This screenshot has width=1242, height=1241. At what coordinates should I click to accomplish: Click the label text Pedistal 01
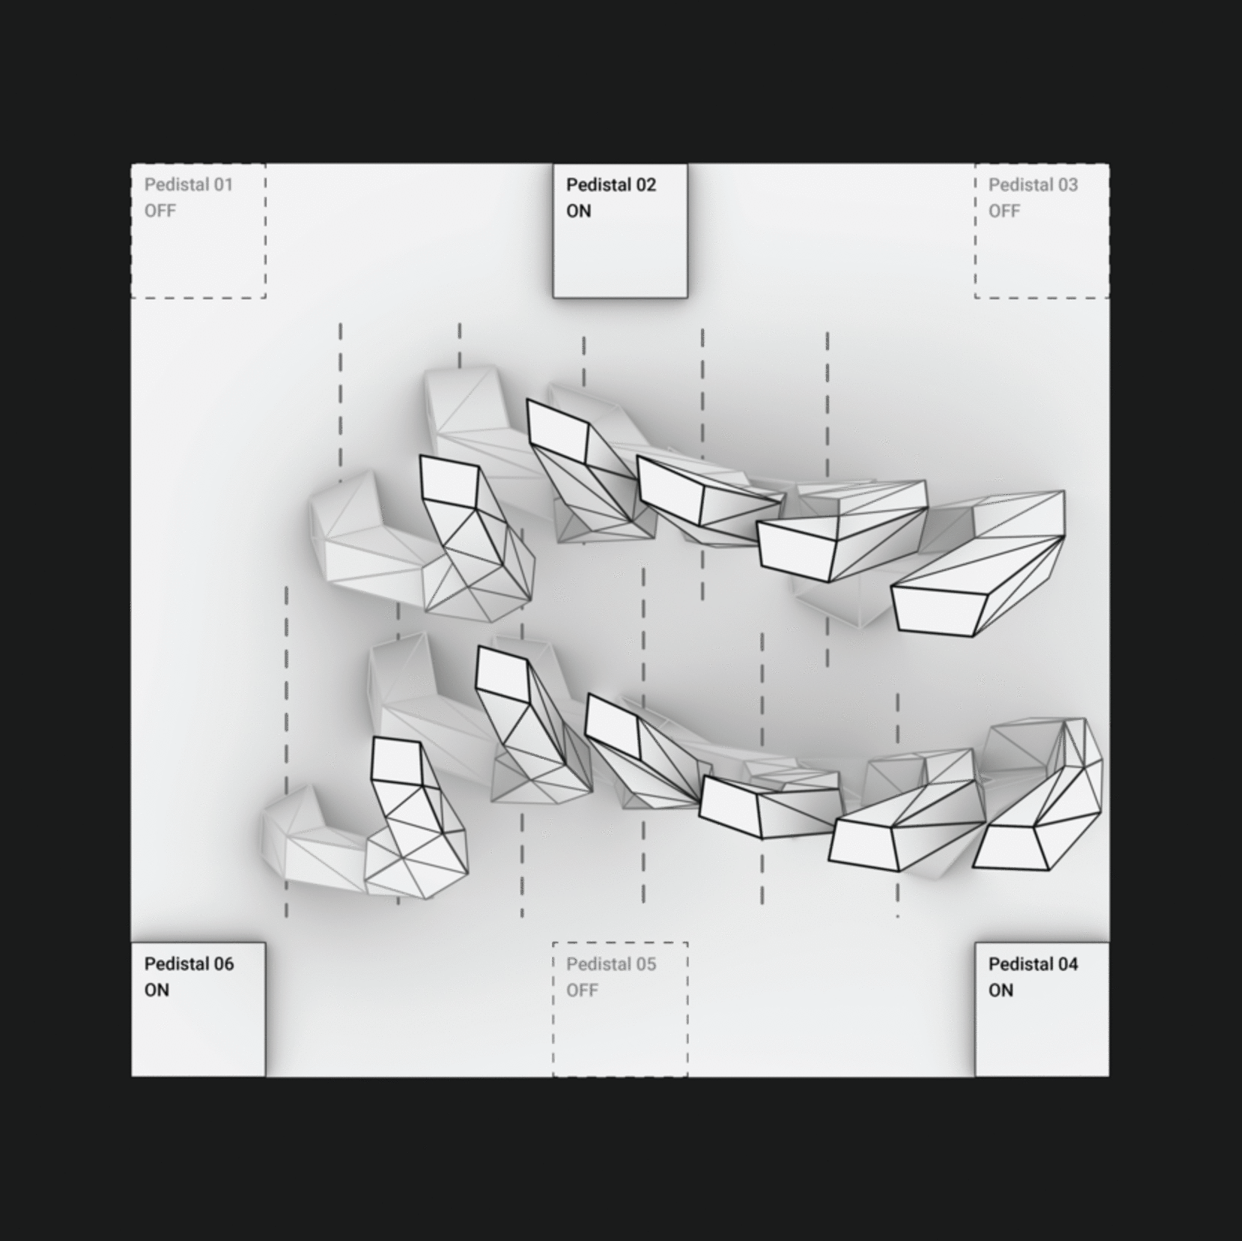[189, 184]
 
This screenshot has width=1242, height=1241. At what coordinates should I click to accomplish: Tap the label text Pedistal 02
[611, 184]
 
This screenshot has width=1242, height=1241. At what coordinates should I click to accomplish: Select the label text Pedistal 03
[1033, 184]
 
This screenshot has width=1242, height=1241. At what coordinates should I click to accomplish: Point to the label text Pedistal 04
[1033, 963]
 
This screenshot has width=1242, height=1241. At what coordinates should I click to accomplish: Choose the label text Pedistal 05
[611, 963]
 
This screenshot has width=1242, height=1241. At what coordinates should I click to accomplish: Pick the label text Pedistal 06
[189, 963]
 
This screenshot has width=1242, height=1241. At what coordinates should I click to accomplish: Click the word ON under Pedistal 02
[578, 211]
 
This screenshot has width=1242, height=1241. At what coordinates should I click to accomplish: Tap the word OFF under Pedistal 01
[160, 211]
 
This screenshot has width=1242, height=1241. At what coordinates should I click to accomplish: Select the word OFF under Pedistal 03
[1004, 211]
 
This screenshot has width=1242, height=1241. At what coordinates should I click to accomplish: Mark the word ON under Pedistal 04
[1001, 991]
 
